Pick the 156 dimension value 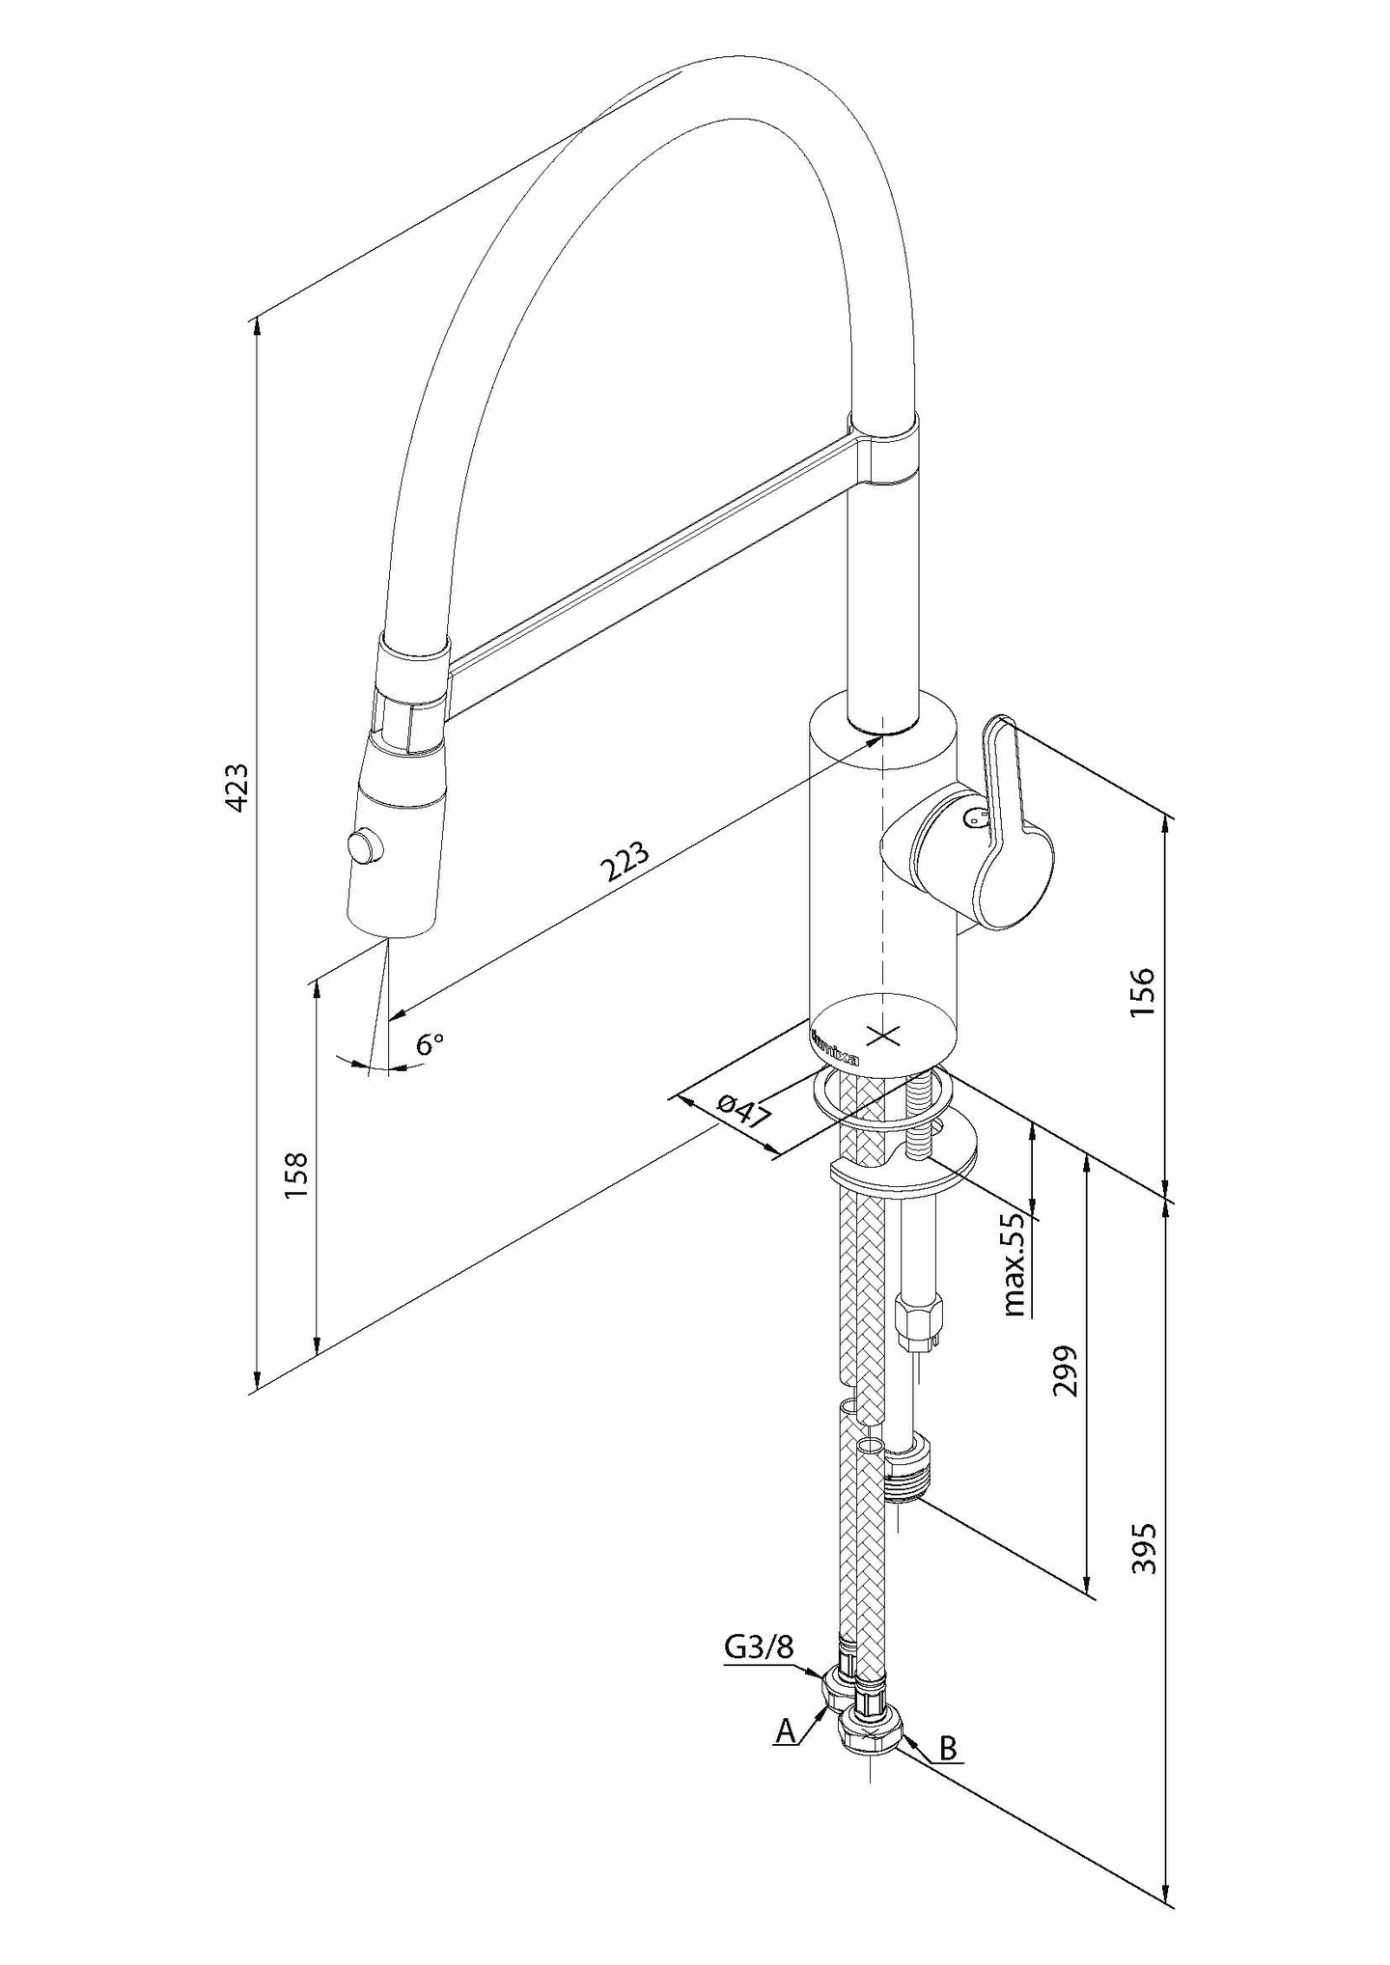1141,992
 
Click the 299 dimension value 1066,1370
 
